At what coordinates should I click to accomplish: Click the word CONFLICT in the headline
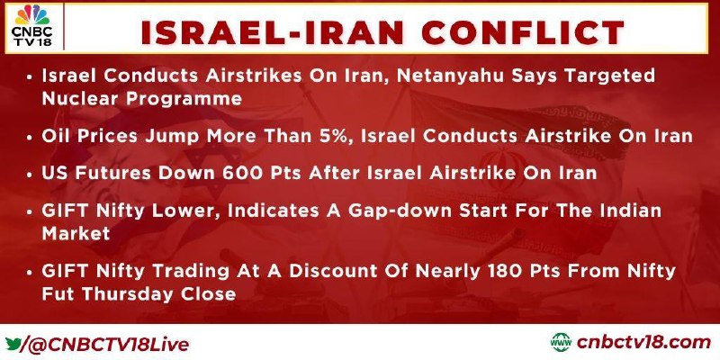(523, 33)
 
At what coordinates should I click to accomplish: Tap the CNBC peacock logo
(32, 15)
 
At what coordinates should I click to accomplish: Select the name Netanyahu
(450, 76)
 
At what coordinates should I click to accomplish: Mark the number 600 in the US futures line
(243, 173)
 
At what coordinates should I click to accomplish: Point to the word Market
(76, 233)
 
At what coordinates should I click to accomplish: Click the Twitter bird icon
(13, 344)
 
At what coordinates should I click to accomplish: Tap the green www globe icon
(561, 343)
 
